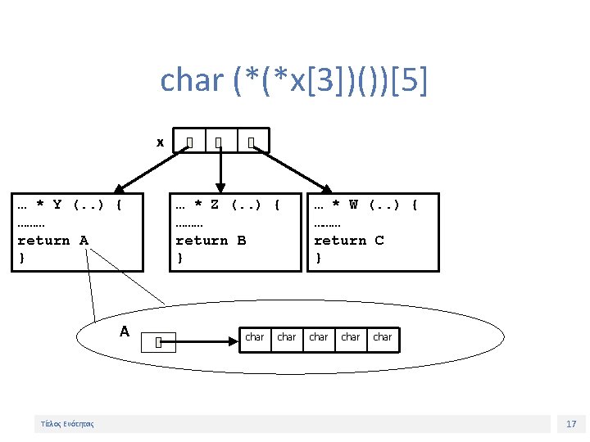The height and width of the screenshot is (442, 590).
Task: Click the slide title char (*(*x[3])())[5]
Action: coord(293,81)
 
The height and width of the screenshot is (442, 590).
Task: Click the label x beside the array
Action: coord(161,142)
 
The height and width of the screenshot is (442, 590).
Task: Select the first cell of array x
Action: coord(189,143)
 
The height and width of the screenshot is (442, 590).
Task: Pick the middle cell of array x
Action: coord(220,143)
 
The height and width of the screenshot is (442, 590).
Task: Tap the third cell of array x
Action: coord(252,143)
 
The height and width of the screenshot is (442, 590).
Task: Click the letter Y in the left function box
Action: coord(57,205)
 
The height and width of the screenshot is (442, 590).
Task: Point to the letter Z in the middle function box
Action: coord(215,205)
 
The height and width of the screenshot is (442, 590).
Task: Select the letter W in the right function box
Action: coord(353,205)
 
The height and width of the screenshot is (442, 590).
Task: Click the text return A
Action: coord(52,240)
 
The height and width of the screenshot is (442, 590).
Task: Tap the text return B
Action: coord(211,240)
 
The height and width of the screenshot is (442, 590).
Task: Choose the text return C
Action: coord(349,240)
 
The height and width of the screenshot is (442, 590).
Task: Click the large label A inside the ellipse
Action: coord(125,331)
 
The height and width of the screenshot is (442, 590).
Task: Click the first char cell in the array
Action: coord(255,337)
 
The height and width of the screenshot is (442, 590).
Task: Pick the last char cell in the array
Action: coord(383,337)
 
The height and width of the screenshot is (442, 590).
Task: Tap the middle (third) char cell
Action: coord(319,337)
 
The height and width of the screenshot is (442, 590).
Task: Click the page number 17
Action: coord(571,424)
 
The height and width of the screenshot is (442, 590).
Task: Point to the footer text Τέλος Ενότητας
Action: coord(67,424)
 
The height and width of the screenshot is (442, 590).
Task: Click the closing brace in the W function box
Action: coord(318,258)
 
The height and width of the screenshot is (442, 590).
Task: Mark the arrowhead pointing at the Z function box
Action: coord(220,187)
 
